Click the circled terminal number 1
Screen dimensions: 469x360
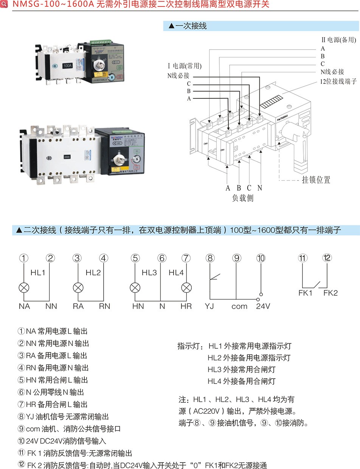point(24,258)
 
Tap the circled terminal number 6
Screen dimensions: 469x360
point(162,258)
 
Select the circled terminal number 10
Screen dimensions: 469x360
point(261,258)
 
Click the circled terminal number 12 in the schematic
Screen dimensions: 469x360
point(327,258)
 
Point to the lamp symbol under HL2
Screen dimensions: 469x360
point(78,287)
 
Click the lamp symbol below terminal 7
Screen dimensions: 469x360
point(186,287)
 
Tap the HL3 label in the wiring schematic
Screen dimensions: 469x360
point(149,272)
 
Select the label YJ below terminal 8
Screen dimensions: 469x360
point(209,306)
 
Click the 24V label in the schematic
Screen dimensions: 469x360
point(263,306)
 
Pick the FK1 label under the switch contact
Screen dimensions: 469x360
point(306,293)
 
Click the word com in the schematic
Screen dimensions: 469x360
point(239,306)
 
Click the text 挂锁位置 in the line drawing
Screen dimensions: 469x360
point(316,180)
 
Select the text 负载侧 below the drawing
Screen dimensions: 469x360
point(243,198)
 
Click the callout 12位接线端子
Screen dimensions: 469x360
point(338,81)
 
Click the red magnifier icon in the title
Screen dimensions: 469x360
point(4,4)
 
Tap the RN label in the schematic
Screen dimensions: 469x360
point(104,306)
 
